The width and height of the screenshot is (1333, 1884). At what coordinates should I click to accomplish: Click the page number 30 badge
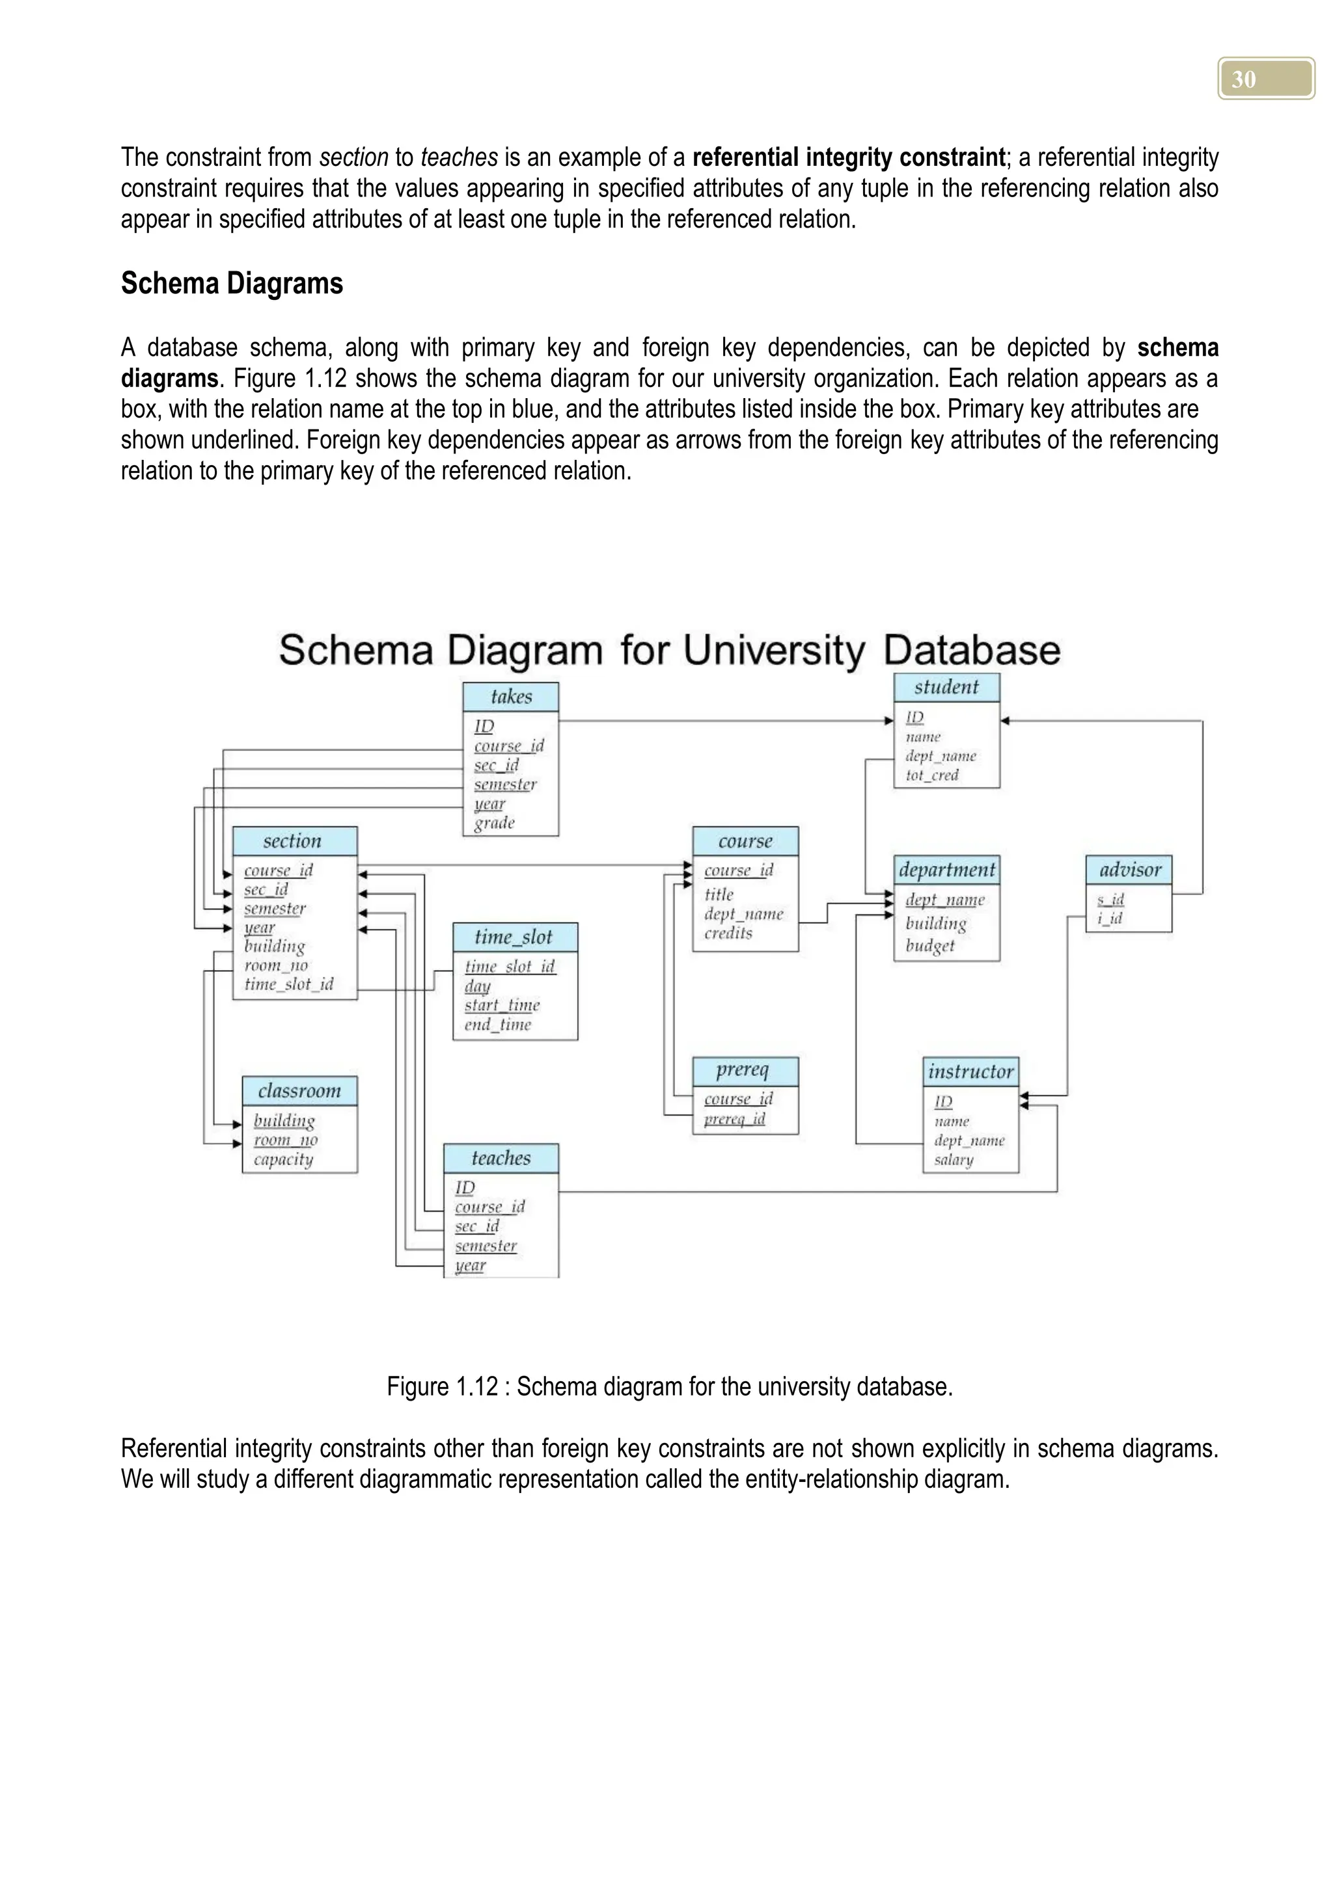pyautogui.click(x=1265, y=79)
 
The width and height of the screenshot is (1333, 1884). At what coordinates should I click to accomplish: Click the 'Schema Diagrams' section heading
pyautogui.click(x=232, y=284)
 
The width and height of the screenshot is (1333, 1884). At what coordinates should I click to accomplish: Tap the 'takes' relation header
pyautogui.click(x=510, y=697)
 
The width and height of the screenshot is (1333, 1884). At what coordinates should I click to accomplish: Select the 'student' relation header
pyautogui.click(x=946, y=687)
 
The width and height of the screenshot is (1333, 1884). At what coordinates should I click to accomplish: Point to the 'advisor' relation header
pyautogui.click(x=1129, y=870)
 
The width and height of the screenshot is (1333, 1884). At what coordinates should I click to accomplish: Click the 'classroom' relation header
pyautogui.click(x=299, y=1090)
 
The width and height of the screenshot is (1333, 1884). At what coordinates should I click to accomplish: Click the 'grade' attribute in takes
pyautogui.click(x=494, y=823)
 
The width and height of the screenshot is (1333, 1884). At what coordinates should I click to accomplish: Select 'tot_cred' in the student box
pyautogui.click(x=931, y=775)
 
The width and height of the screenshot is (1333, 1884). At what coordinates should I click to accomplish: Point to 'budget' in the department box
pyautogui.click(x=930, y=945)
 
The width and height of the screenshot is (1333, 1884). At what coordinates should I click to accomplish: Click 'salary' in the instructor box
pyautogui.click(x=953, y=1159)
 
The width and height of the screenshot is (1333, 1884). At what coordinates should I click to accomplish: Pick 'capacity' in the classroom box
pyautogui.click(x=283, y=1159)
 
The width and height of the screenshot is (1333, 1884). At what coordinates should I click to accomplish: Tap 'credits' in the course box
pyautogui.click(x=728, y=933)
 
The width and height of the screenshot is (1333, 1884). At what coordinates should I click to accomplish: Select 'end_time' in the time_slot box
pyautogui.click(x=497, y=1024)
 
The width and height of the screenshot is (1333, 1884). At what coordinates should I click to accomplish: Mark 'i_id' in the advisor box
pyautogui.click(x=1110, y=918)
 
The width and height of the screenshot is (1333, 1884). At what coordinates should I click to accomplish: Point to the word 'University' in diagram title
pyautogui.click(x=773, y=651)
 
